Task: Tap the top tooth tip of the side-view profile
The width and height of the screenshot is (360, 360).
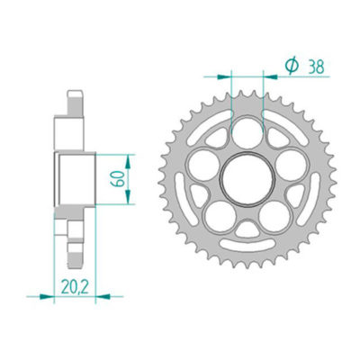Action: pyautogui.click(x=71, y=93)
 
